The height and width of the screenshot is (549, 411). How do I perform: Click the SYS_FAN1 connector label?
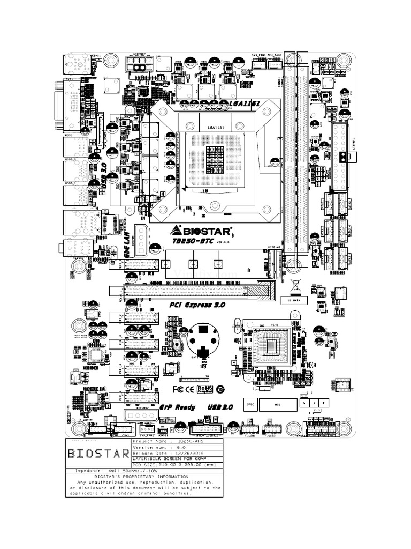pos(258,55)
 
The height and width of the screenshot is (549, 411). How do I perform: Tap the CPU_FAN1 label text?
pos(275,55)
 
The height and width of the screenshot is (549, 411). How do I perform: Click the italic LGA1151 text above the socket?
pos(244,103)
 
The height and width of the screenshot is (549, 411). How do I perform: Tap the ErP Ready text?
pos(178,407)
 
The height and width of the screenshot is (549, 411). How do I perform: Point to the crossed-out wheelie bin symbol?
pos(294,285)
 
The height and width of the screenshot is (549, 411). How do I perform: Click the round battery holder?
pos(204,339)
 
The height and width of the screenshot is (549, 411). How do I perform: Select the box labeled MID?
pos(278,404)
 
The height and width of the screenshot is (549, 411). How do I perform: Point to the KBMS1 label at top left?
pos(96,55)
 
